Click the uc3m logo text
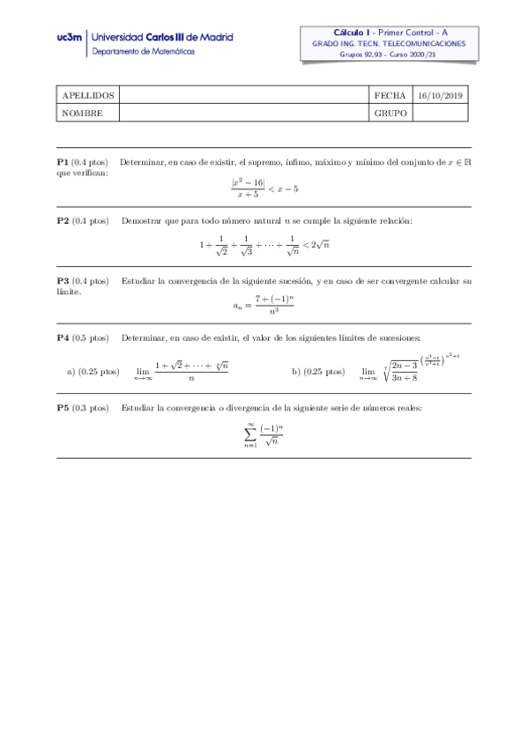(x=70, y=39)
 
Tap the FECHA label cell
(x=390, y=95)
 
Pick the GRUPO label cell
(x=390, y=114)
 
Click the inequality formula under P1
(x=264, y=189)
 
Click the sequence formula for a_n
(x=264, y=307)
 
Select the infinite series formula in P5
(x=264, y=434)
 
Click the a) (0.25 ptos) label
(x=93, y=372)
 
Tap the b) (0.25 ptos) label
(x=318, y=372)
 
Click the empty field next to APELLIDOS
(x=243, y=95)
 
